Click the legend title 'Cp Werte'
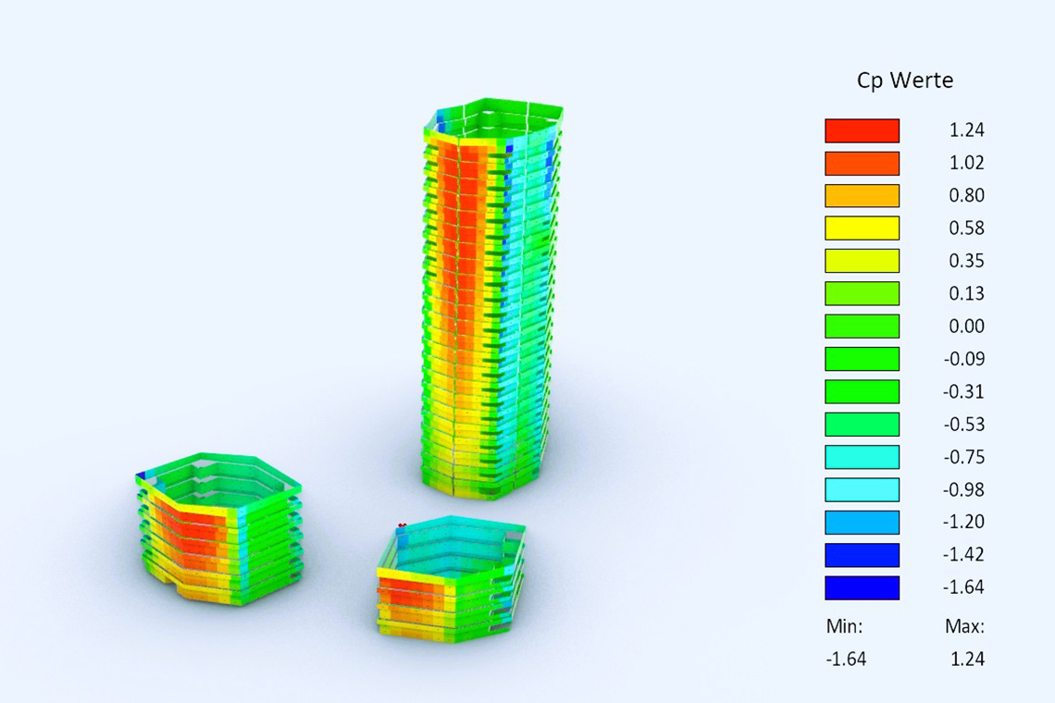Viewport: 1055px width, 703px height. (x=905, y=80)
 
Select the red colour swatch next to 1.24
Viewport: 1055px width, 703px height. (x=862, y=130)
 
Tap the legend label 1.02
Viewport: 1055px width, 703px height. (x=966, y=163)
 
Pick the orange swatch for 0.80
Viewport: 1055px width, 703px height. (x=862, y=196)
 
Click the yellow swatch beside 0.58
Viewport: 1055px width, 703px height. (x=862, y=228)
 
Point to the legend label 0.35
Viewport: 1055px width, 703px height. (x=966, y=260)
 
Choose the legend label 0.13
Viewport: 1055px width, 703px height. (x=966, y=293)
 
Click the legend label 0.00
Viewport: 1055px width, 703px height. (x=966, y=327)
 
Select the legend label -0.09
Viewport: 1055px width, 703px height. (x=963, y=359)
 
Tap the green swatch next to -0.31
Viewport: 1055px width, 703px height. (x=862, y=391)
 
